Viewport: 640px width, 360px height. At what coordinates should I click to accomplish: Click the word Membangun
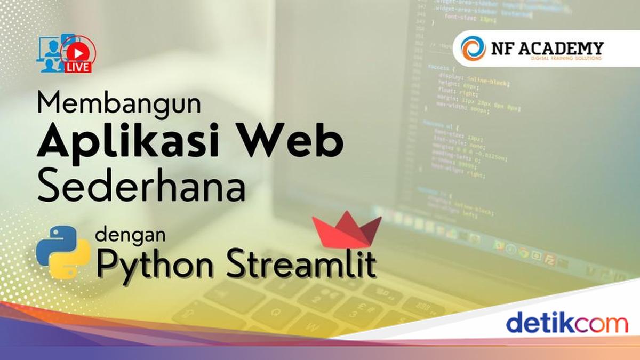119,103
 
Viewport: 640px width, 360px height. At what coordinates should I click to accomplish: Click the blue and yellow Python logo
63,252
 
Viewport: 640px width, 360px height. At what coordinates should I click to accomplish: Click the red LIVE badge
78,68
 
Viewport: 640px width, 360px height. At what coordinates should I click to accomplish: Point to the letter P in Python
109,262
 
